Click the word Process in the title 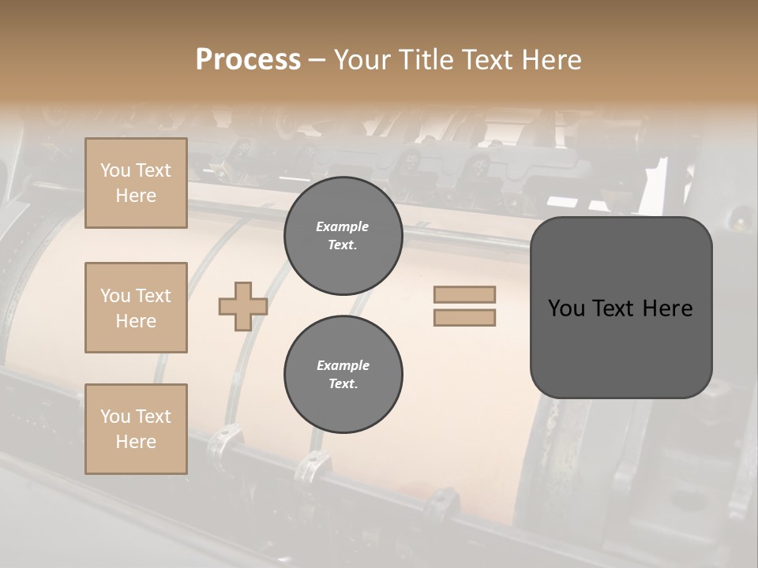tap(248, 59)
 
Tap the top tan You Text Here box tap(136, 183)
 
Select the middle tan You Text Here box tap(136, 308)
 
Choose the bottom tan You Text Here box tap(136, 429)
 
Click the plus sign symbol tap(242, 306)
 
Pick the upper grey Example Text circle tap(343, 236)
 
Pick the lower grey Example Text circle tap(343, 375)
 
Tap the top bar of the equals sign tap(464, 294)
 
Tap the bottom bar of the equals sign tap(464, 317)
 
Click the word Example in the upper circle tap(343, 226)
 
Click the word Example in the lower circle tap(343, 365)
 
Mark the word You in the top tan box tap(114, 170)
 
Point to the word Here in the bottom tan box tap(136, 442)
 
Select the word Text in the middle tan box tap(154, 296)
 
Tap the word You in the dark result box tap(566, 308)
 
